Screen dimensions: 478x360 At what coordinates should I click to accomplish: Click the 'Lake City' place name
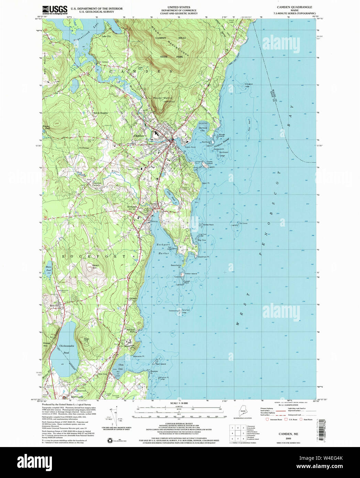click(x=106, y=36)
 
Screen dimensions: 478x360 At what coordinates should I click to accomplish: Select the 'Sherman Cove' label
click(x=203, y=129)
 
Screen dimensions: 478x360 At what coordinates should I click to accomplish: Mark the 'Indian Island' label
click(x=191, y=273)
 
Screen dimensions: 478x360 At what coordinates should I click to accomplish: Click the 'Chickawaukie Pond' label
click(x=64, y=349)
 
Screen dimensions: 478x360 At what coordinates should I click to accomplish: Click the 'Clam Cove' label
click(x=121, y=367)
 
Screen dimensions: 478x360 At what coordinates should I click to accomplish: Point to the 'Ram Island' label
click(x=161, y=364)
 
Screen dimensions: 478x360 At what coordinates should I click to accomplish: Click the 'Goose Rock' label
click(x=208, y=225)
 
